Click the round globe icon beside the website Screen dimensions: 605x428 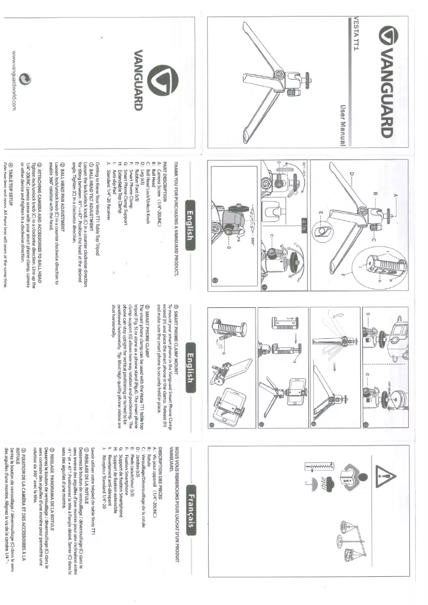(25, 79)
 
